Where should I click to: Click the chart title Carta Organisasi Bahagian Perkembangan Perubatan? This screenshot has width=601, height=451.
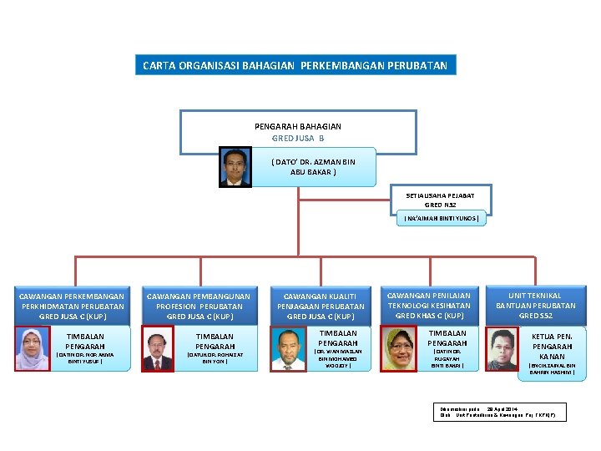pyautogui.click(x=295, y=65)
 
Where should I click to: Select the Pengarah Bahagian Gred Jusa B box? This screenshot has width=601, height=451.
pyautogui.click(x=298, y=131)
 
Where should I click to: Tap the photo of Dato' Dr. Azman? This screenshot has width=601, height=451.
pyautogui.click(x=235, y=166)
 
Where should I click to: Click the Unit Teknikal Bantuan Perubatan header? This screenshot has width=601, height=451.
pyautogui.click(x=535, y=306)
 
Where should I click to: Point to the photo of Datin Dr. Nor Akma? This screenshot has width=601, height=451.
pyautogui.click(x=33, y=349)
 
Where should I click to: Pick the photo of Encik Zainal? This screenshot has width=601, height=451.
pyautogui.click(x=503, y=349)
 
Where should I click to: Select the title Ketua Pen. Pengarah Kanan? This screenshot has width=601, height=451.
pyautogui.click(x=552, y=346)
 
